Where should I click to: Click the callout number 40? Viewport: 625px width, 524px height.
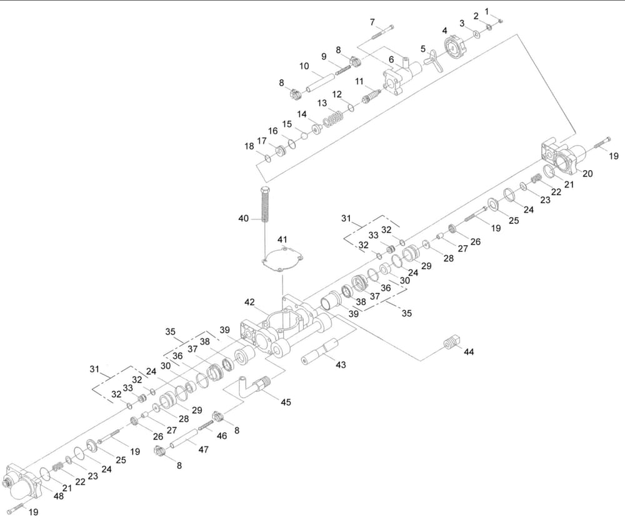pos(243,218)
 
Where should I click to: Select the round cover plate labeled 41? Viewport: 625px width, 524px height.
pos(282,258)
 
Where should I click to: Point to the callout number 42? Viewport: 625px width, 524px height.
pos(250,302)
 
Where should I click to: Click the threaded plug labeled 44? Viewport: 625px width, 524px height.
pos(451,343)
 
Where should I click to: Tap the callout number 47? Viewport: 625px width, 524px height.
pos(204,450)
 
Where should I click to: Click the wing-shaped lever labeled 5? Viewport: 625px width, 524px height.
pos(432,61)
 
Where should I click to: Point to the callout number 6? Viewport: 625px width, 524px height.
pos(391,59)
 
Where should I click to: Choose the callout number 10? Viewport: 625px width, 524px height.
pos(304,66)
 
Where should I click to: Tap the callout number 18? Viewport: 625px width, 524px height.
pos(249,146)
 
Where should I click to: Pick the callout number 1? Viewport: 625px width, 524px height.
pos(487,11)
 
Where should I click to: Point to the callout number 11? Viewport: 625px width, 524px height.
pos(359,81)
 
